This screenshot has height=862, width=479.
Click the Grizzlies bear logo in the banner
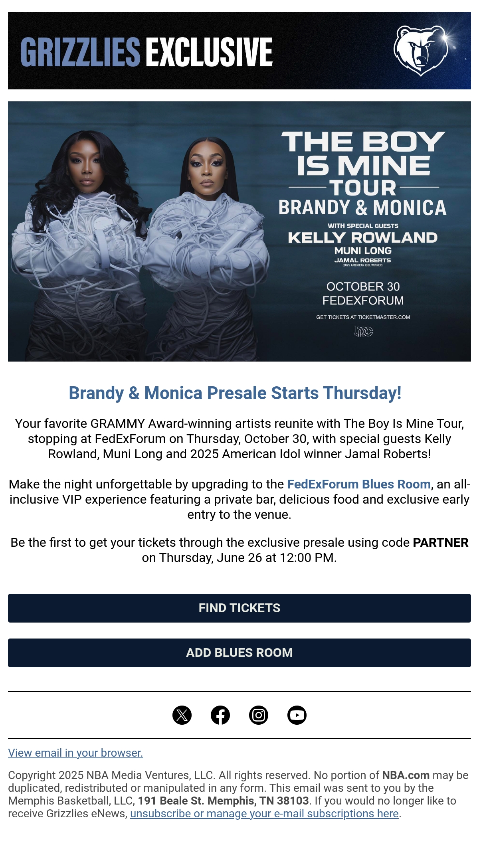pyautogui.click(x=420, y=51)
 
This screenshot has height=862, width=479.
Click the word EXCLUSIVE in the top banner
pyautogui.click(x=209, y=52)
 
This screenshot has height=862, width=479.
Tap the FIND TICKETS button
pyautogui.click(x=239, y=608)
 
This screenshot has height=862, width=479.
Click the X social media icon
pyautogui.click(x=182, y=715)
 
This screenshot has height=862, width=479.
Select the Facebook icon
pyautogui.click(x=220, y=715)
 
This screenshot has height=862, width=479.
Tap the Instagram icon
pyautogui.click(x=259, y=715)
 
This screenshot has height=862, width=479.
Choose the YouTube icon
pyautogui.click(x=297, y=715)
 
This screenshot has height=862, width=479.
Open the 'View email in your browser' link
pyautogui.click(x=75, y=753)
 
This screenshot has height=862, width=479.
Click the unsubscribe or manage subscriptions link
pyautogui.click(x=264, y=813)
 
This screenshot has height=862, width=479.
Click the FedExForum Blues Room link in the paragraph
pyautogui.click(x=359, y=484)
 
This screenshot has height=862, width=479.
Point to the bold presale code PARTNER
pyautogui.click(x=441, y=542)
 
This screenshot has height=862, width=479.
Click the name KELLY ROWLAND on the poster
pyautogui.click(x=363, y=237)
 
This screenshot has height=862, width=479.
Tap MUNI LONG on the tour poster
pyautogui.click(x=363, y=251)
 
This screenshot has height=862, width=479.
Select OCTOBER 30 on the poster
pyautogui.click(x=363, y=287)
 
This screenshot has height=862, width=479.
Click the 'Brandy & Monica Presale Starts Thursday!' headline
pyautogui.click(x=235, y=393)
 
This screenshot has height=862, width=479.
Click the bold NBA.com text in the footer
pyautogui.click(x=406, y=775)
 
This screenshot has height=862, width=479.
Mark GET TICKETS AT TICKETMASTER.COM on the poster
pyautogui.click(x=363, y=317)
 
